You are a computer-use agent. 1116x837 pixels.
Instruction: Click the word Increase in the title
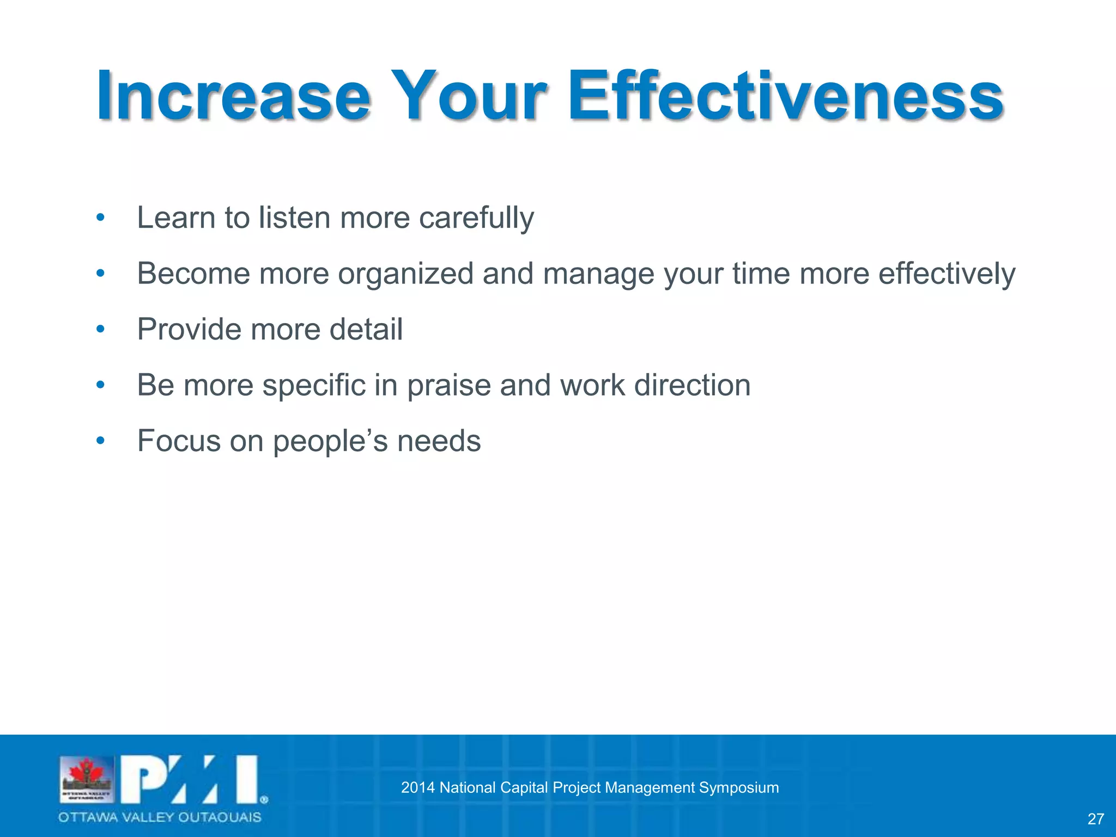233,96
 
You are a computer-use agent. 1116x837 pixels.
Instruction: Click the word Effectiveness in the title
785,96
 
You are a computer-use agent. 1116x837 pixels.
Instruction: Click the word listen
294,218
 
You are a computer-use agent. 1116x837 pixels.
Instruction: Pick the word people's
330,441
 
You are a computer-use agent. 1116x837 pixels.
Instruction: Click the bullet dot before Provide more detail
100,329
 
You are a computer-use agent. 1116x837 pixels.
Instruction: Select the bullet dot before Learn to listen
100,217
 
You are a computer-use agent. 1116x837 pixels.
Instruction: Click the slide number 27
1095,818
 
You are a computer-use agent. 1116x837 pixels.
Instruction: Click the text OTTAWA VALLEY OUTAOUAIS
160,817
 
